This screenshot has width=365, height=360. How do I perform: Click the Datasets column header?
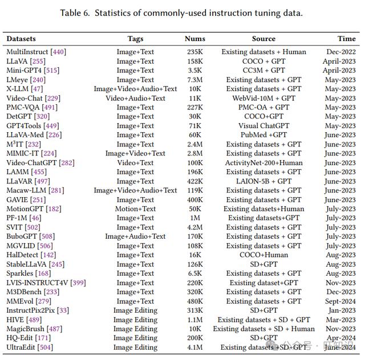[21, 39]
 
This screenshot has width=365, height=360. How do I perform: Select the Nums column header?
[195, 39]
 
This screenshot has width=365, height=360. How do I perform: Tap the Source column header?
[263, 39]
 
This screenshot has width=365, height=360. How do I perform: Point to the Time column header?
[347, 39]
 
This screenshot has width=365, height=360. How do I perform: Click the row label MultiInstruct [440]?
[36, 52]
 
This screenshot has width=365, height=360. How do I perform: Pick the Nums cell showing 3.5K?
[195, 70]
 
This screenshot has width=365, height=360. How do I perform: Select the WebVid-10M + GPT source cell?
[263, 98]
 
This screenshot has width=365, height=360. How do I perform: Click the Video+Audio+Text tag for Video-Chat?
[136, 98]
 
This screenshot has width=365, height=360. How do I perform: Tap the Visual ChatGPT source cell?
[263, 125]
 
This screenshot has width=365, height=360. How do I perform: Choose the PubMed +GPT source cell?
[263, 135]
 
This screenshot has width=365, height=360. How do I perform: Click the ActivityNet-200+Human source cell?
[263, 163]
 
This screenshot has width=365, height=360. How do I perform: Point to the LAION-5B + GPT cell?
[263, 181]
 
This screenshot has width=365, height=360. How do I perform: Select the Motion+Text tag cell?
[136, 209]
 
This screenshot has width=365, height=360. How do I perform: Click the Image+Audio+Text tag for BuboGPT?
[136, 236]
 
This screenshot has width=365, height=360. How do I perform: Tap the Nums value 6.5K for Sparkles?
[195, 273]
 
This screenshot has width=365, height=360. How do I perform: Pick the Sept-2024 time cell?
[340, 301]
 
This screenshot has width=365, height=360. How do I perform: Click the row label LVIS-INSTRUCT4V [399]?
[46, 283]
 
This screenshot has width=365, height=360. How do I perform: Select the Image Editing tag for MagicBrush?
[136, 329]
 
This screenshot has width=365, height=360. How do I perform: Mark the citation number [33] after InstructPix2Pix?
[63, 310]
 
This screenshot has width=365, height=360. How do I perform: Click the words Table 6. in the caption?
[75, 13]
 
